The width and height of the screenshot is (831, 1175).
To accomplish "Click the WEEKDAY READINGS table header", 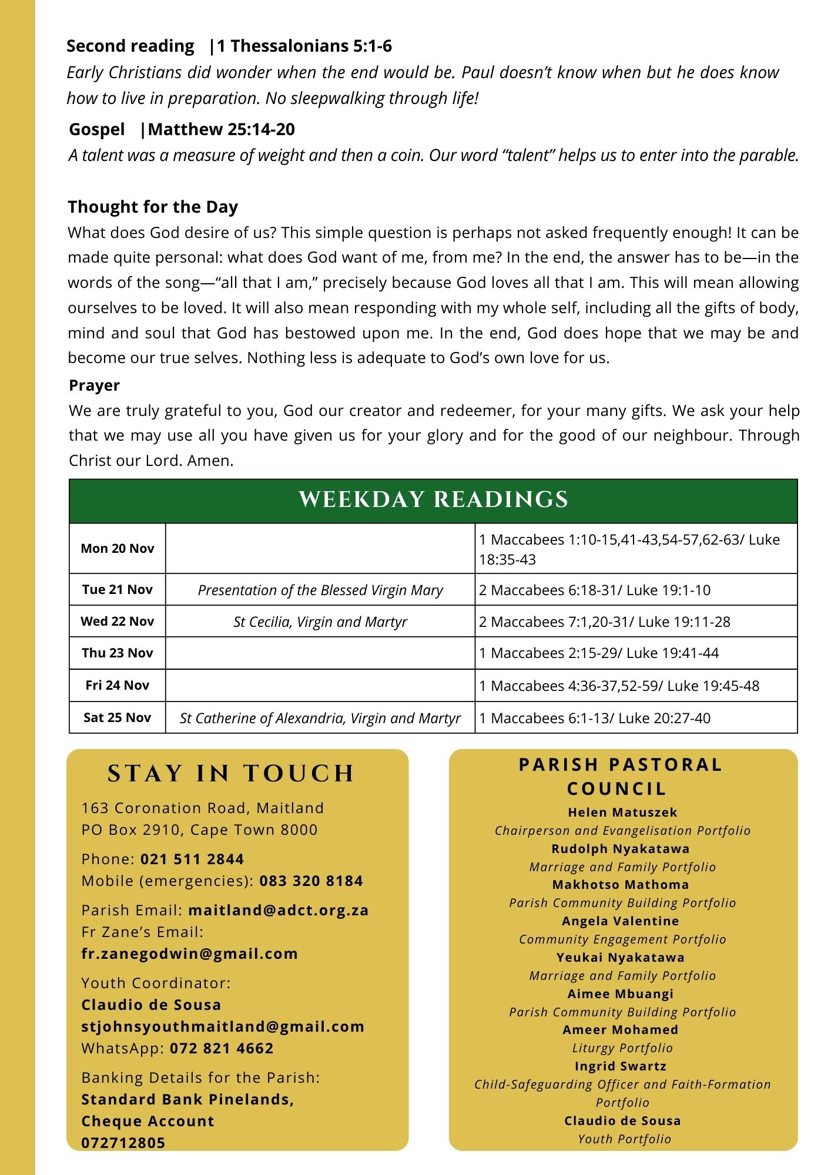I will (433, 500).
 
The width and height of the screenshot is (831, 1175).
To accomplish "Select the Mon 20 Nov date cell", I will (118, 549).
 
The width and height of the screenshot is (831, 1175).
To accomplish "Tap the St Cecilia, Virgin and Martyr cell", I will (320, 622).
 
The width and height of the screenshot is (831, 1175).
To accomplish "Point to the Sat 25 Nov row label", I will (118, 717).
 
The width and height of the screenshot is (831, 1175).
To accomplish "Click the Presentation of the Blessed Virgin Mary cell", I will (320, 590).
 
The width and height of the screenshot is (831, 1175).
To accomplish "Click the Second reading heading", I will (130, 46).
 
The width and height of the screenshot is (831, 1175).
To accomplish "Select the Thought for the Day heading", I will (153, 207).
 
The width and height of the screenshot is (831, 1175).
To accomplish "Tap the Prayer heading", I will (94, 385).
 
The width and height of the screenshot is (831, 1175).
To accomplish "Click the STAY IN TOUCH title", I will (232, 773).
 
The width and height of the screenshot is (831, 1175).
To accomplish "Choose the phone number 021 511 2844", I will (192, 859).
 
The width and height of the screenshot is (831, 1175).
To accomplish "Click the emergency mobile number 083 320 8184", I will (311, 881).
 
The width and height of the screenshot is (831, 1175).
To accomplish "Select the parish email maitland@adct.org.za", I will (279, 910).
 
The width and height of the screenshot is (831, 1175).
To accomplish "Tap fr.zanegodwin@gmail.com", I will (190, 954).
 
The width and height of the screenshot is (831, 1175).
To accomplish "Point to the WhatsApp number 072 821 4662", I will (222, 1048).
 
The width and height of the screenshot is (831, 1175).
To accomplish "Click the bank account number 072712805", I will (123, 1143).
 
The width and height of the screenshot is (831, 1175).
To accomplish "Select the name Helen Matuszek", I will (622, 813).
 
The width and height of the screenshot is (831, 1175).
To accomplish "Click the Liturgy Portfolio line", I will (622, 1048).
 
